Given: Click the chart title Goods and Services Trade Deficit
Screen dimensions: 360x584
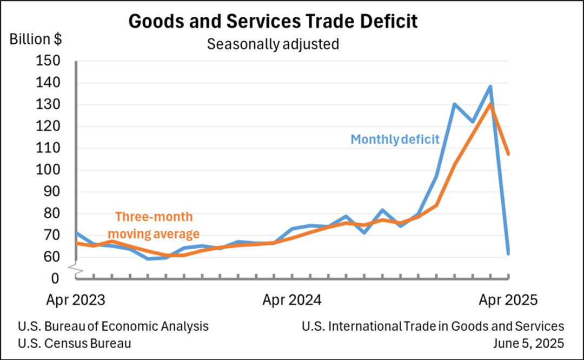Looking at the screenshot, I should (x=273, y=21).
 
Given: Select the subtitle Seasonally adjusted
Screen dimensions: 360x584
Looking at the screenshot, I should (x=273, y=44).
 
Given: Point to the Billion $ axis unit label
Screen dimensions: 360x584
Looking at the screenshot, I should (x=36, y=39).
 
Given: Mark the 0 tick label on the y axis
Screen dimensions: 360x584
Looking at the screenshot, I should (x=55, y=278).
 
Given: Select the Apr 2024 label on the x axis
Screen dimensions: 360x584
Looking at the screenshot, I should (x=292, y=299).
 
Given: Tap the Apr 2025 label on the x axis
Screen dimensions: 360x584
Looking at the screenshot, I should (x=508, y=299).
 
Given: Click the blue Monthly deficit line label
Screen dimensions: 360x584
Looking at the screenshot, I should (x=395, y=139).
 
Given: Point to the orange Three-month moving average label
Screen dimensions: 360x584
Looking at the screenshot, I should (x=154, y=225).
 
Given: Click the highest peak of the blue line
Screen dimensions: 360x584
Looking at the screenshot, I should (x=490, y=86).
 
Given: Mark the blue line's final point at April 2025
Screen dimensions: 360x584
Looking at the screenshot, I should (x=508, y=253).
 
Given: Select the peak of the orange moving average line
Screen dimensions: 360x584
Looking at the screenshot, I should (x=490, y=104).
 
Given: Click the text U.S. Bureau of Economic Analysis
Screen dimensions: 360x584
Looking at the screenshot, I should (x=113, y=326).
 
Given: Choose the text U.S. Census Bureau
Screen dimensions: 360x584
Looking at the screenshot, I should (x=74, y=343).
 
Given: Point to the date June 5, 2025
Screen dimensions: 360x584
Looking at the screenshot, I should (x=529, y=343).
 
